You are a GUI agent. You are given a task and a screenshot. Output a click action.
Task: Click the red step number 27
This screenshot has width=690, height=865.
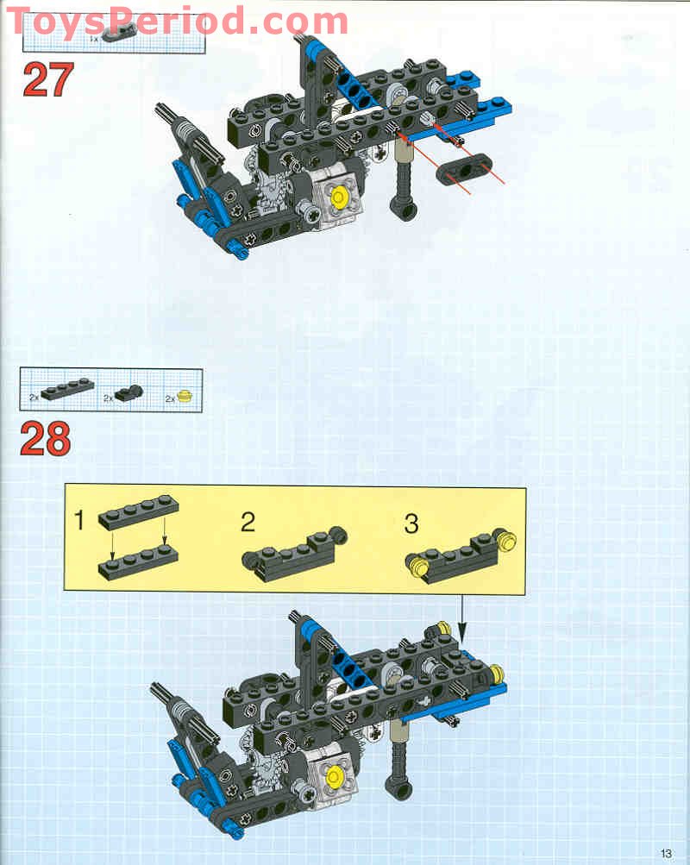coord(48,79)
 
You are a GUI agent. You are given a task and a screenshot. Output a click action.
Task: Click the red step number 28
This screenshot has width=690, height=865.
coord(46,439)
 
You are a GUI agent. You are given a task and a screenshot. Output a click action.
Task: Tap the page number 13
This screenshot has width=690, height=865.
coord(666,854)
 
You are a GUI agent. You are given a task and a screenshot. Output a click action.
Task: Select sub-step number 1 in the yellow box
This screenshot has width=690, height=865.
coord(79,520)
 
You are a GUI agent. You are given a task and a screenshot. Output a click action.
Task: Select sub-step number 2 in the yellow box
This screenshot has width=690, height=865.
coord(248,522)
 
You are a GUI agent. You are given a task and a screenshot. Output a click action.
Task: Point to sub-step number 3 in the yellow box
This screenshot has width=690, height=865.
coord(411,523)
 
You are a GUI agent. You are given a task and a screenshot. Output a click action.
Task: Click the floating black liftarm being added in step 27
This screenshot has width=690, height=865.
coord(464,167)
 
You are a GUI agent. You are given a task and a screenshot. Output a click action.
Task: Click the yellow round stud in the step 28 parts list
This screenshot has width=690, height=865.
coord(185,396)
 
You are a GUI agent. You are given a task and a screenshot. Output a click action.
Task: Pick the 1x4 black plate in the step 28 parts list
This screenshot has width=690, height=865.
coord(67,388)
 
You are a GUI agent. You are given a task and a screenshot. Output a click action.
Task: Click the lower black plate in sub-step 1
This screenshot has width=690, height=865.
coord(139,561)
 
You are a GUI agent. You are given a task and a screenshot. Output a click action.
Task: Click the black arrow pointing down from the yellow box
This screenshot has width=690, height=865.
coord(462,619)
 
